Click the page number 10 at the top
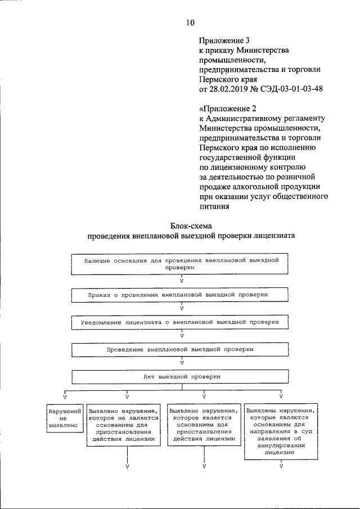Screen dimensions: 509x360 pos(190,22)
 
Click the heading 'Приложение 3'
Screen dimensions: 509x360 pos(224,40)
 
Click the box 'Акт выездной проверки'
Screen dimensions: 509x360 pos(182,376)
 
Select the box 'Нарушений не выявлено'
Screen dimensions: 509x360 pos(63,418)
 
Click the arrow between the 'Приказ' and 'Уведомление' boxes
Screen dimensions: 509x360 pos(182,308)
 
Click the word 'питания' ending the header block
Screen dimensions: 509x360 pos(214,205)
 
